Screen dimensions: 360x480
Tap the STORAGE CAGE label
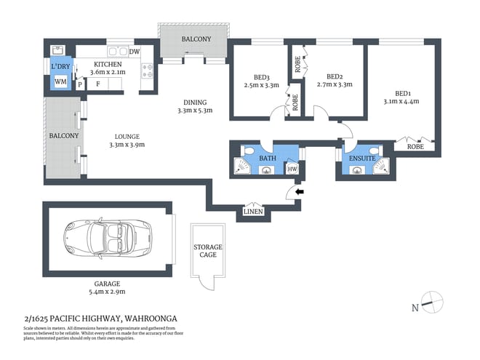[207, 252]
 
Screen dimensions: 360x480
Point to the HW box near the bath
[292, 169]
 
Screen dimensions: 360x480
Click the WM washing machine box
[60, 82]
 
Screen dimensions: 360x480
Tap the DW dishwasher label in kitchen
[135, 52]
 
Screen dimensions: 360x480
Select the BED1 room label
[402, 93]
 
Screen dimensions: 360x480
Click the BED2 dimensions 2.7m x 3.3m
[335, 84]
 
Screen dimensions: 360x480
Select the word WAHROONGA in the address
[151, 319]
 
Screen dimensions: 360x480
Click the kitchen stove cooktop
[148, 71]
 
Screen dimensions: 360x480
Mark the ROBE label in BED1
[416, 146]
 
